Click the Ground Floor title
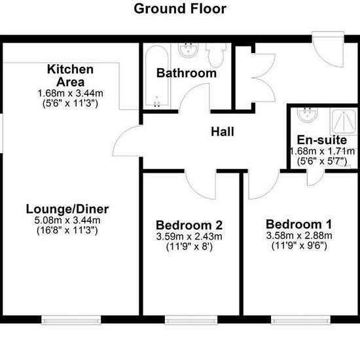point(180,9)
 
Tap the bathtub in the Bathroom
point(157,77)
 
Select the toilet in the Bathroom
point(215,54)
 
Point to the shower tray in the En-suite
point(344,122)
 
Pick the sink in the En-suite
point(308,115)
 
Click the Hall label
point(223,132)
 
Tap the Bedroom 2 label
point(189,225)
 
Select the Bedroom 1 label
point(299,225)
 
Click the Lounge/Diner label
point(67,209)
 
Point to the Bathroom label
point(187,73)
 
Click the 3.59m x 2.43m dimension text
point(189,236)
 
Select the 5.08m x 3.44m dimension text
point(67,221)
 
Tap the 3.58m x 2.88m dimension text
point(299,236)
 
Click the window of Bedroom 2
point(191,319)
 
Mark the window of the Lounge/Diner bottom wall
point(71,319)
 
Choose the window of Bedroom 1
point(300,319)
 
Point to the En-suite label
point(322,140)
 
